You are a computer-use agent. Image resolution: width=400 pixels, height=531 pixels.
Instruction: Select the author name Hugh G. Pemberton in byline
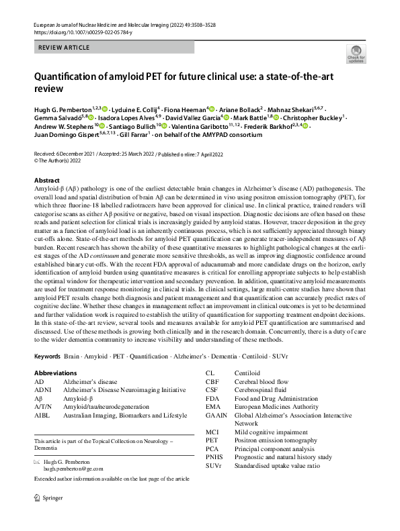click(x=63, y=107)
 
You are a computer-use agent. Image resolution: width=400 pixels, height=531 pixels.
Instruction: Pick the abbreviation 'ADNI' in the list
click(x=43, y=389)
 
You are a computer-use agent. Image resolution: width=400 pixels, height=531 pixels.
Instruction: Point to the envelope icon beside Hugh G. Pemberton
click(x=37, y=463)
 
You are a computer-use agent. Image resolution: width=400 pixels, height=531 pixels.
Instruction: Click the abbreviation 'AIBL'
click(x=42, y=416)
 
